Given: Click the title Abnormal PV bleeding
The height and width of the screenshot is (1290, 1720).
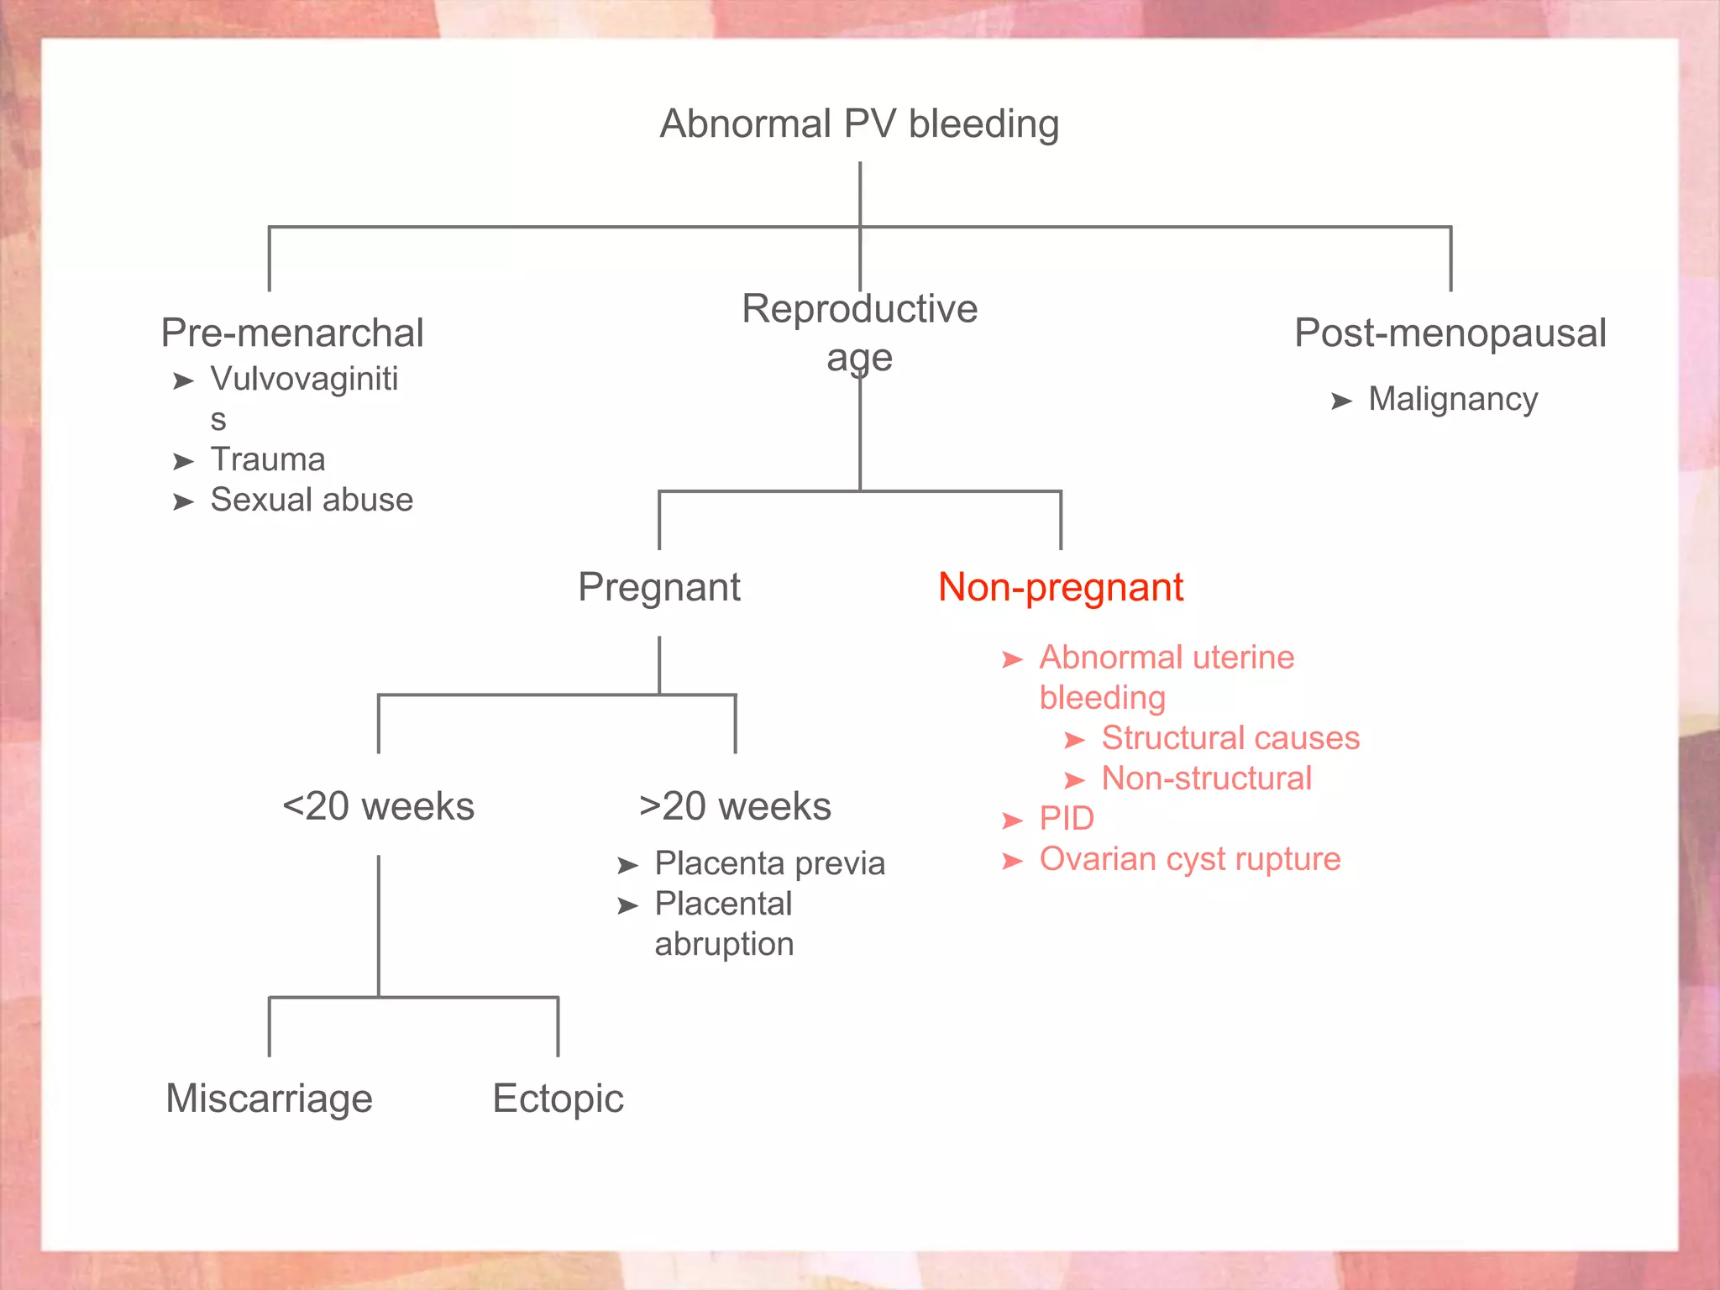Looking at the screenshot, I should (859, 124).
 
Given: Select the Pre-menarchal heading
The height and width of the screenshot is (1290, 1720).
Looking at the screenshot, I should (292, 333).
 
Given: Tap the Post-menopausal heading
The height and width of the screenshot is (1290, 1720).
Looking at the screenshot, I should (1450, 333).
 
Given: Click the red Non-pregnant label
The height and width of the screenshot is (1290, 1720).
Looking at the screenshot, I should (1061, 587).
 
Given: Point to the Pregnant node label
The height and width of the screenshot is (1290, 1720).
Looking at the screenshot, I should (659, 587).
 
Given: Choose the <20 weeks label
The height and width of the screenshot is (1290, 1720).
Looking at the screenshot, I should (378, 806).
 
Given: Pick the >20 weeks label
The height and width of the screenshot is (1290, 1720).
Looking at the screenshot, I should (735, 806).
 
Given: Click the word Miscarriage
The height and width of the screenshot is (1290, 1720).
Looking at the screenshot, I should (269, 1099).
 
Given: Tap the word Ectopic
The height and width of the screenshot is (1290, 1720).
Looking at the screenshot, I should (558, 1099).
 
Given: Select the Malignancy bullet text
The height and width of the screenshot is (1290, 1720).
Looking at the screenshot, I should (1453, 399).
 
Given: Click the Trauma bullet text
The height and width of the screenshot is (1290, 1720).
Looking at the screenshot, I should (268, 459).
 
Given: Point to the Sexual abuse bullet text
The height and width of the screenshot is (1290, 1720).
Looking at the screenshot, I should (312, 500).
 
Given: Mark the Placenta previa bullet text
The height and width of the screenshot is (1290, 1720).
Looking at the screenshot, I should (770, 863).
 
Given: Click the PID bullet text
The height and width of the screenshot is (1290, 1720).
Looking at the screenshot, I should (1067, 819).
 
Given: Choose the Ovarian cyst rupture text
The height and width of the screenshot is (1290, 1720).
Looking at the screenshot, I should (1190, 859).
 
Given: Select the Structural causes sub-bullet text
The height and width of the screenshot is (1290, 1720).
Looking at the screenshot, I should (1230, 738).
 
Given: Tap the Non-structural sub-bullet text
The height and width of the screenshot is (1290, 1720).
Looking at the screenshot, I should (1207, 779).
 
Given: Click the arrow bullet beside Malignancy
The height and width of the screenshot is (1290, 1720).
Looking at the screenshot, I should (1341, 401).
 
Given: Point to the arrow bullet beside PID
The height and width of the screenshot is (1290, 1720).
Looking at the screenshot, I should (1013, 821).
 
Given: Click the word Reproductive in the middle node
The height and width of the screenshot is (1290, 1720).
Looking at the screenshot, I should (859, 309).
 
